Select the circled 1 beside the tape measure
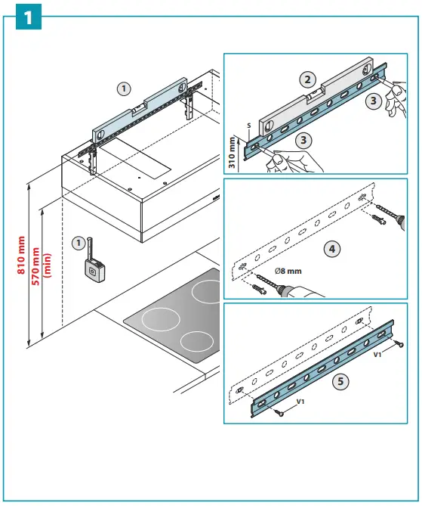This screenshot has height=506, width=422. pyautogui.click(x=78, y=244)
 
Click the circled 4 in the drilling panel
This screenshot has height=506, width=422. pyautogui.click(x=330, y=247)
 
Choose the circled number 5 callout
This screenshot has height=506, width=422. pyautogui.click(x=342, y=381)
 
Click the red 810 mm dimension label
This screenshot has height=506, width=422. pyautogui.click(x=21, y=256)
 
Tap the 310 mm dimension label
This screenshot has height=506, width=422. pyautogui.click(x=232, y=151)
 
